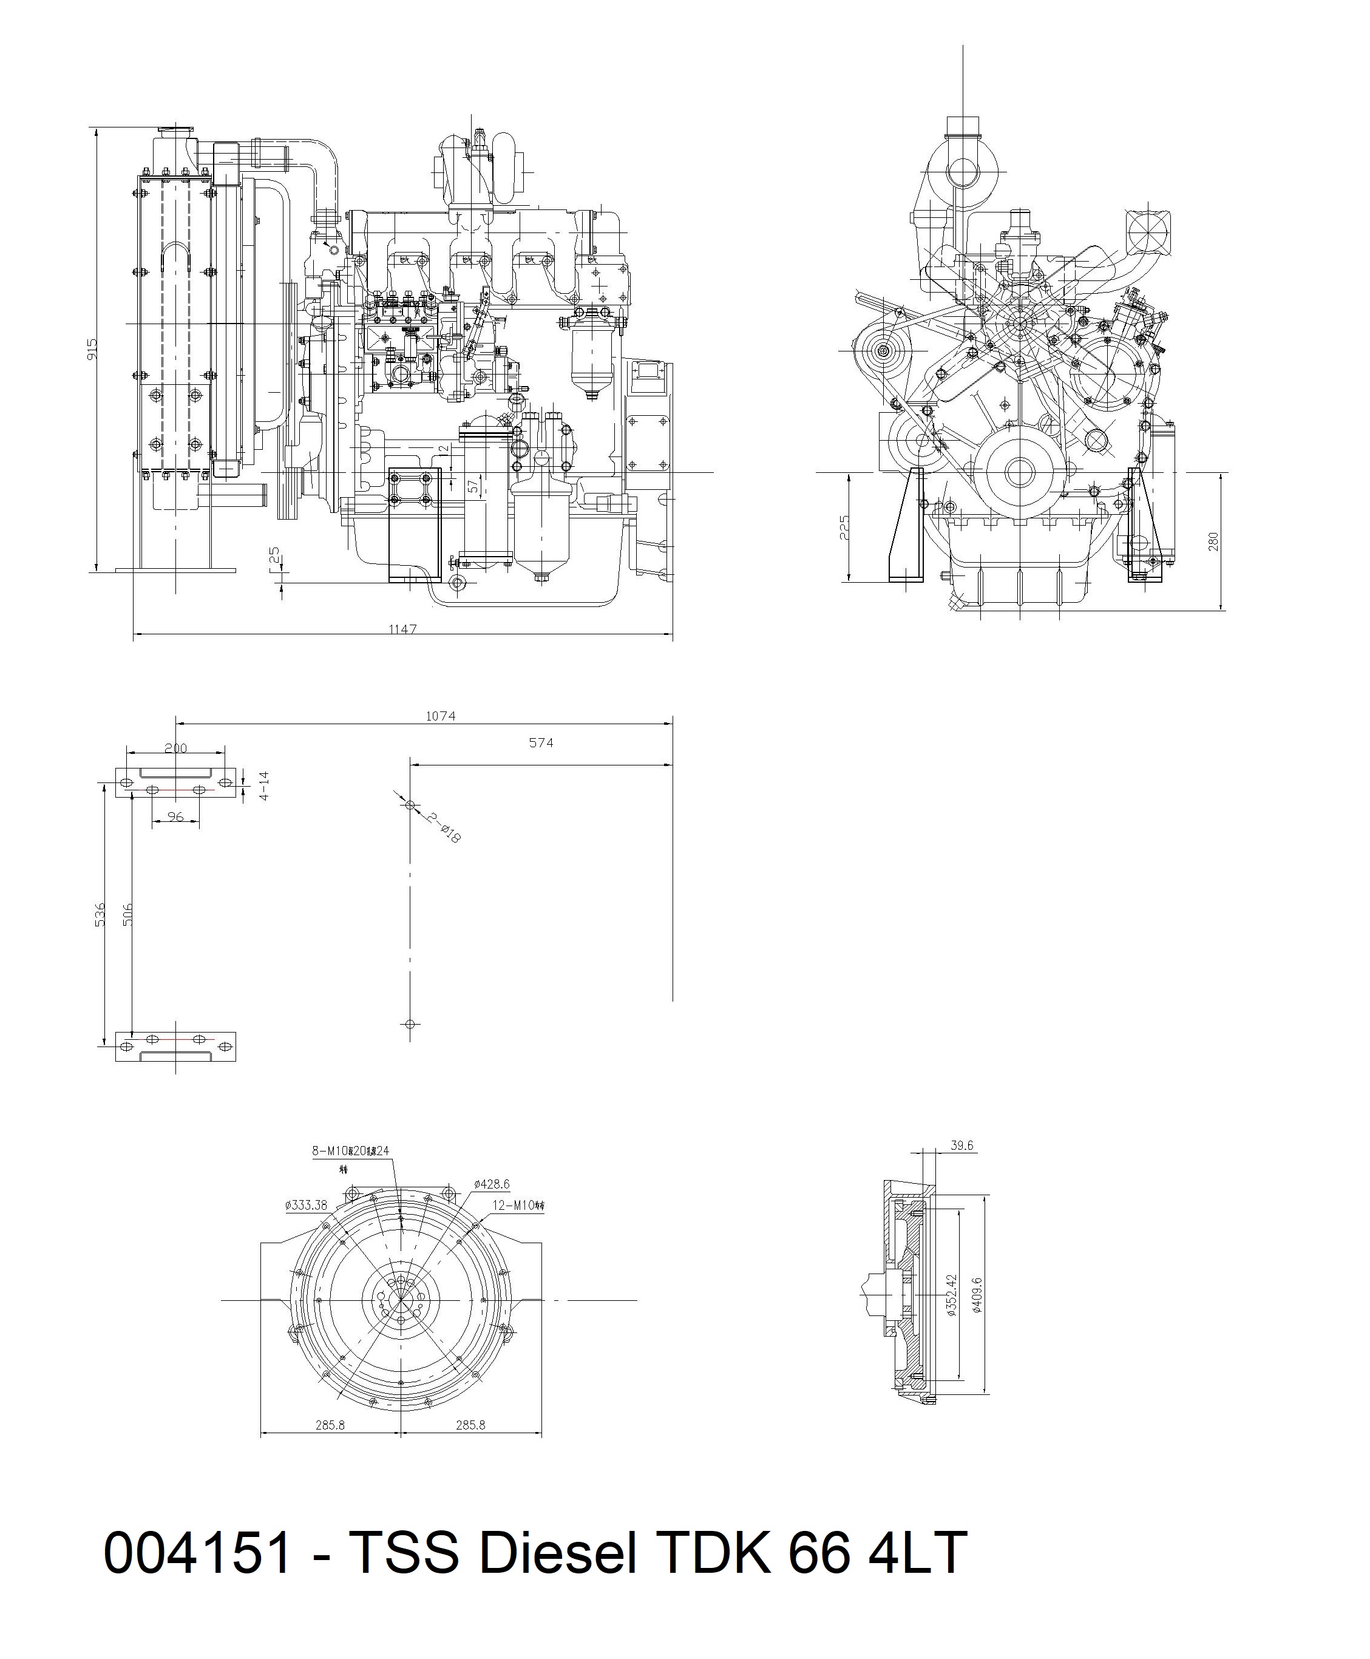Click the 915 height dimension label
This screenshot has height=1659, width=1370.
click(92, 350)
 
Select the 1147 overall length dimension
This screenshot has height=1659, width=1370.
click(402, 629)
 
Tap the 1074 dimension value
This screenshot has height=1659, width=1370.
click(440, 716)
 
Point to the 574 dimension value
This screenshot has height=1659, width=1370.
click(541, 742)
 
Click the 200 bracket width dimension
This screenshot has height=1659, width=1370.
click(175, 748)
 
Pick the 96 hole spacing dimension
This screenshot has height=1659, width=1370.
click(175, 817)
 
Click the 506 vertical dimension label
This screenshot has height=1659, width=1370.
click(128, 914)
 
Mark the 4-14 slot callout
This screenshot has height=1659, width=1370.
click(265, 786)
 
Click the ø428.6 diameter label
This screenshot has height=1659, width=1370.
click(492, 1184)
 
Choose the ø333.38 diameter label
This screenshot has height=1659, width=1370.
click(305, 1204)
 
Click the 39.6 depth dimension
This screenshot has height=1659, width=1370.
click(961, 1145)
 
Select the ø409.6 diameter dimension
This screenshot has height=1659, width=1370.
click(977, 1294)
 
